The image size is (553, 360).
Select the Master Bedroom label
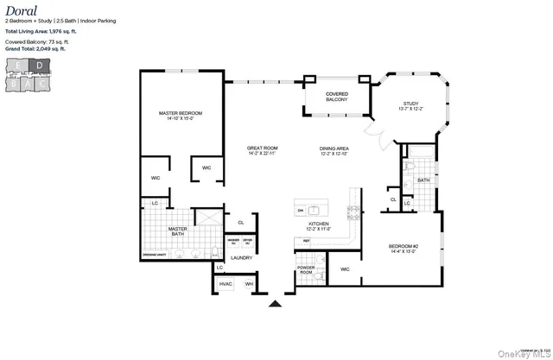pos(180,114)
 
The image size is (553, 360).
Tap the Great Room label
pos(260,148)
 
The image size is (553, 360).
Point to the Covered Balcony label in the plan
pos(336,97)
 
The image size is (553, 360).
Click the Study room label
pos(410,104)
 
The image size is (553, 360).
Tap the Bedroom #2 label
pos(404,246)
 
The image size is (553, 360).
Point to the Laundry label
pos(241,257)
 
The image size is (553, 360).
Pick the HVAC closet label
pos(226,284)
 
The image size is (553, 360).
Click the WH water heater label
pos(249,284)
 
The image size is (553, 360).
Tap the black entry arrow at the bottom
pos(276,303)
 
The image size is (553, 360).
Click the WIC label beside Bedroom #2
pos(345,269)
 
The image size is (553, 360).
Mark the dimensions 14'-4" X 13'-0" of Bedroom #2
pos(404,251)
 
